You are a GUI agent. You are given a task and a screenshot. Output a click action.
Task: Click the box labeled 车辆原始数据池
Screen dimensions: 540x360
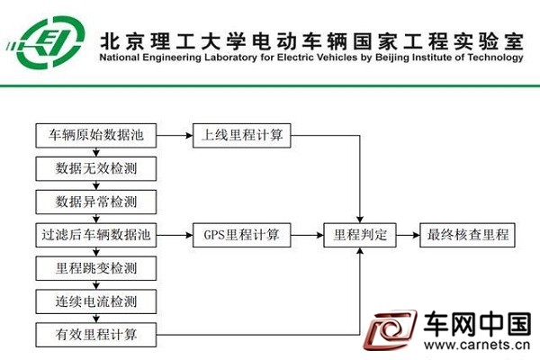[x=96, y=135]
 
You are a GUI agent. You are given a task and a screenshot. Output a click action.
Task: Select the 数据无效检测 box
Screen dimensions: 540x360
[x=96, y=169]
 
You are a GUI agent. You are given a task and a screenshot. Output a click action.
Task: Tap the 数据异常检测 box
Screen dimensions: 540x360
[x=96, y=202]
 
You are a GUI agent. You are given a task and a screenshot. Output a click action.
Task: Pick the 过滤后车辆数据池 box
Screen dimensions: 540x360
[x=96, y=235]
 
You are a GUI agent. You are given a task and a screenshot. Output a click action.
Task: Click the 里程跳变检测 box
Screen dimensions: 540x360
[x=96, y=268]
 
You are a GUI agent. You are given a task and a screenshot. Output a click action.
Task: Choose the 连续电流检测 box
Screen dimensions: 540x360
[x=96, y=301]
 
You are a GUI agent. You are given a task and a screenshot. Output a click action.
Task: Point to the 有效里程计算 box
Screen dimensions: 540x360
[x=96, y=335]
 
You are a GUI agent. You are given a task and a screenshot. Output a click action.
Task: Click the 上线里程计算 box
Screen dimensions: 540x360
[x=242, y=135]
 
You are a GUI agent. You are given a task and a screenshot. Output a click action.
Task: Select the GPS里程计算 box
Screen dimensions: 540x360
[x=242, y=235]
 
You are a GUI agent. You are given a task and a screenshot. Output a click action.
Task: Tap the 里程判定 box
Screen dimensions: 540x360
[x=360, y=235]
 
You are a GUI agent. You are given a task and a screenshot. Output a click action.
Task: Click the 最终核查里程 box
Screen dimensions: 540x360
[x=467, y=235]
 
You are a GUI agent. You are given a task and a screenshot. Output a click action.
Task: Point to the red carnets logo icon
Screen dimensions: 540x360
[x=391, y=329]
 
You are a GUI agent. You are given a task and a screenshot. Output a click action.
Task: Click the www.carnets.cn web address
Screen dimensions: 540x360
[x=477, y=345]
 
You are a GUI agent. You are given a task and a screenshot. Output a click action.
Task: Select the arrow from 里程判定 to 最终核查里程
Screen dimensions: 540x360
[x=408, y=235]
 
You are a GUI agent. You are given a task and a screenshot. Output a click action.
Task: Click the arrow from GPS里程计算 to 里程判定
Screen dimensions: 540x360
[x=307, y=235]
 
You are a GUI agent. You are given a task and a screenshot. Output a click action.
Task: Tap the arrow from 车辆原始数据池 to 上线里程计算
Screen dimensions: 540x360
[x=175, y=135]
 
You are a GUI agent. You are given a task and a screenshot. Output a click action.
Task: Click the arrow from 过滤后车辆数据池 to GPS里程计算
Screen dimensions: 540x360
[x=175, y=235]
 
